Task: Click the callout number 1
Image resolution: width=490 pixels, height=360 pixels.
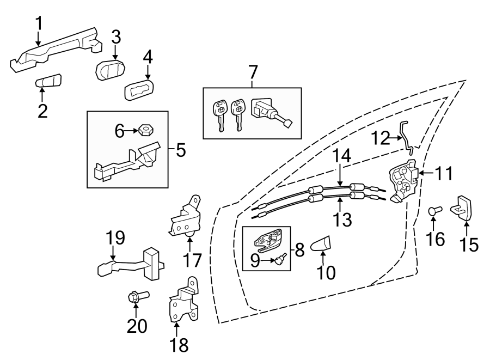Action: (39, 23)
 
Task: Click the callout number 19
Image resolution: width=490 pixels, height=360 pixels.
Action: (115, 237)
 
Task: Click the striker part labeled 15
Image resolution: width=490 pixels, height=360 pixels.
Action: (462, 209)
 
